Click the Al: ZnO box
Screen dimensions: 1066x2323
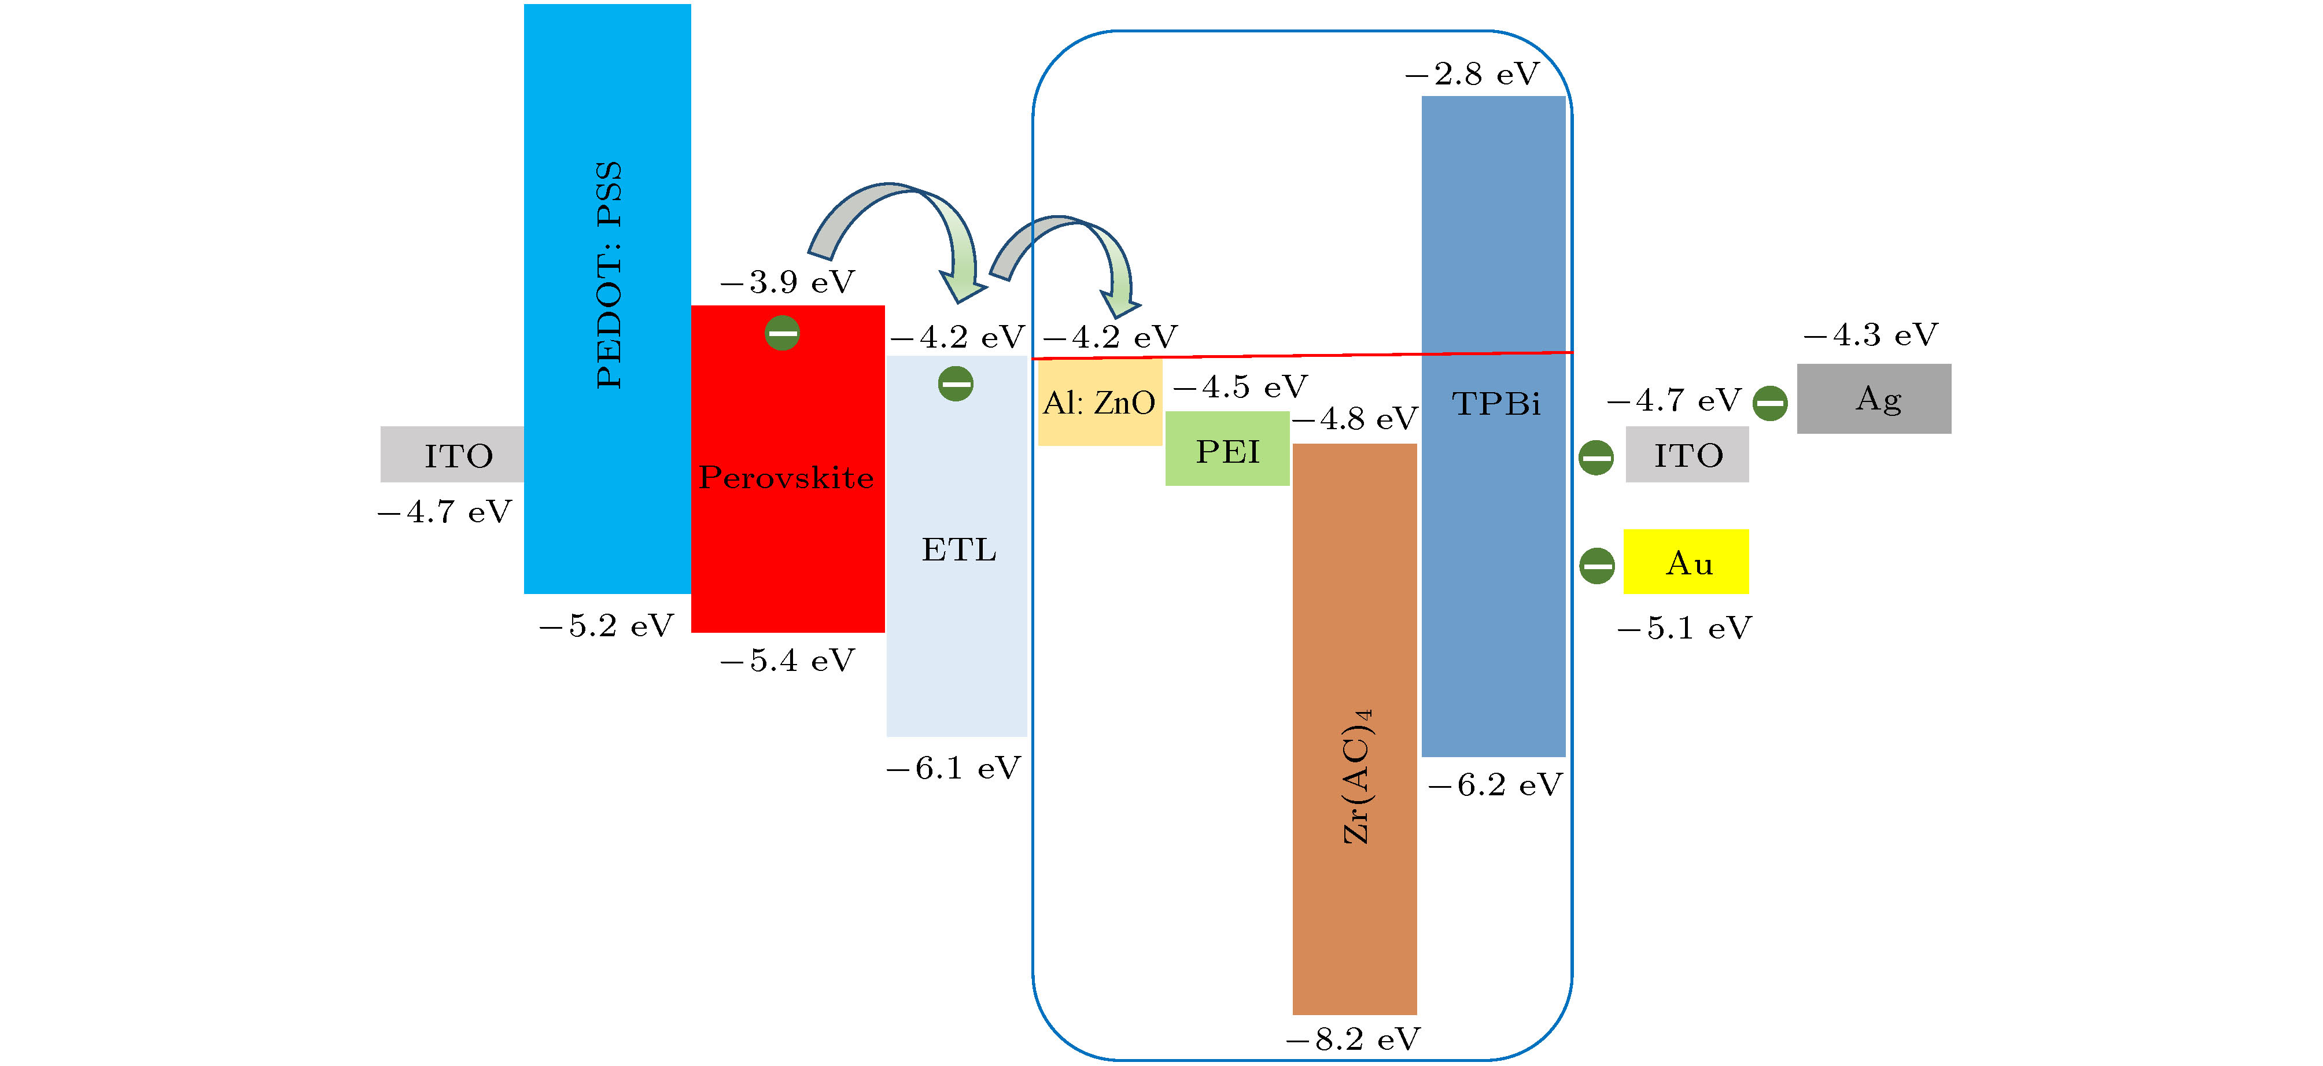pyautogui.click(x=1099, y=402)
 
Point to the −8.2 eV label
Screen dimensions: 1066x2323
pyautogui.click(x=1353, y=1039)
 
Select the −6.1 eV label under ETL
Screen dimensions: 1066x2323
pyautogui.click(x=954, y=768)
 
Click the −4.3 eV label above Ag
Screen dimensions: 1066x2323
pyautogui.click(x=1870, y=334)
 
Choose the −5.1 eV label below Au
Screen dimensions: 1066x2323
pyautogui.click(x=1684, y=628)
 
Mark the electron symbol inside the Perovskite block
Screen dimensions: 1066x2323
pyautogui.click(x=782, y=333)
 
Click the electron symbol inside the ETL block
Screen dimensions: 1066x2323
pyautogui.click(x=956, y=384)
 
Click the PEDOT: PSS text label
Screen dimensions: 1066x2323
pyautogui.click(x=609, y=275)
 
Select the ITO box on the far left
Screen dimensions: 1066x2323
pyautogui.click(x=453, y=455)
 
